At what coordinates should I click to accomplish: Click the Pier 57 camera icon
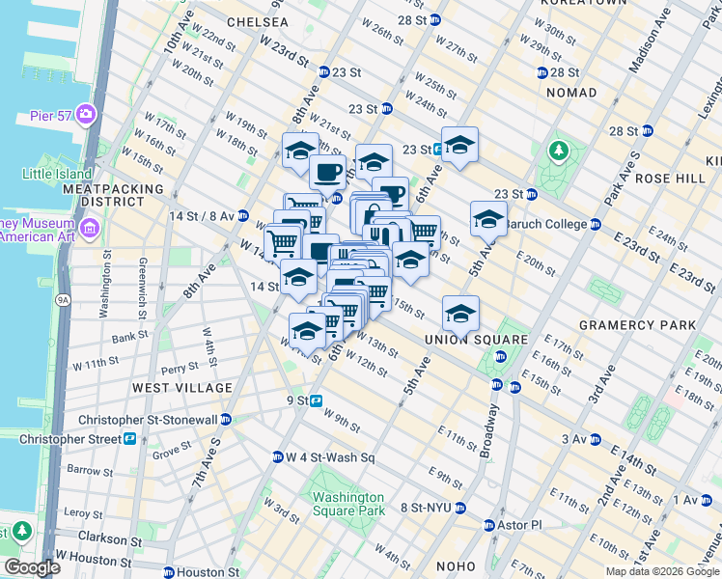click(x=88, y=115)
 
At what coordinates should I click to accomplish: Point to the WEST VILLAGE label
click(x=182, y=388)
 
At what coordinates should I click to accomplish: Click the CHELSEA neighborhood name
click(x=257, y=21)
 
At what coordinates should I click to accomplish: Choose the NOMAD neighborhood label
click(x=571, y=92)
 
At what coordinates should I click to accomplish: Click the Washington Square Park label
click(x=348, y=504)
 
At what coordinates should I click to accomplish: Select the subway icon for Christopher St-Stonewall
click(x=226, y=420)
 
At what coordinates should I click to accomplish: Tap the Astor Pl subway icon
click(x=489, y=525)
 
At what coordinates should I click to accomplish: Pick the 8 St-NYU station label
click(x=426, y=508)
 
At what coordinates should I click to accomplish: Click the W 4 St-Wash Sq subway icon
click(x=277, y=456)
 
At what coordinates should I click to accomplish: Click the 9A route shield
click(x=63, y=300)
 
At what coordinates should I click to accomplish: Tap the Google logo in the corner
click(x=32, y=567)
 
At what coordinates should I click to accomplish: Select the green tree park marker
click(x=558, y=151)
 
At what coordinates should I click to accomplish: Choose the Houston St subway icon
click(x=168, y=572)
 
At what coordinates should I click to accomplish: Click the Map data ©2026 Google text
click(x=661, y=571)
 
